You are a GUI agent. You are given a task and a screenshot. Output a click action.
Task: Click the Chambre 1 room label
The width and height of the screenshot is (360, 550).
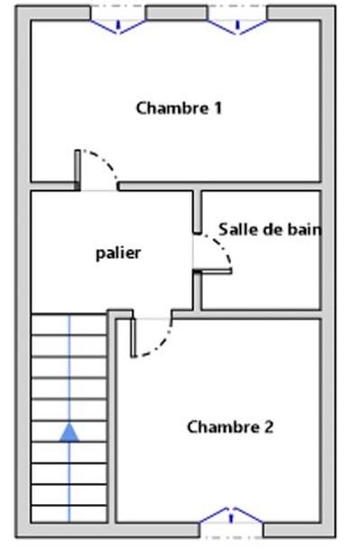point(179,107)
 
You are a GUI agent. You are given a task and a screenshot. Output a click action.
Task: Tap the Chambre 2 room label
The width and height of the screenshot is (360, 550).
point(230,426)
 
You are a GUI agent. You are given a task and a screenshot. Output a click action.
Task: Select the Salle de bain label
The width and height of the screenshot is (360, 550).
point(270,229)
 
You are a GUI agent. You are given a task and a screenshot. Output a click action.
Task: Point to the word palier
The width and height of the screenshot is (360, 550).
point(118,252)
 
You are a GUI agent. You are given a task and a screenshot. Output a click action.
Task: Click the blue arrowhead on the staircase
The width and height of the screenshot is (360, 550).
point(69,432)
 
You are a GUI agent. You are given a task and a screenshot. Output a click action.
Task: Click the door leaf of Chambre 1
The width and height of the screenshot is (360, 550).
point(78,170)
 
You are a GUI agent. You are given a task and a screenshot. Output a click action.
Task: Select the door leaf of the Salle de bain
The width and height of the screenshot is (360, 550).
point(212,270)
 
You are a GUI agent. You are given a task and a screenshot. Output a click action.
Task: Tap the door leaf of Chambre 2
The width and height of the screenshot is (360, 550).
point(134,338)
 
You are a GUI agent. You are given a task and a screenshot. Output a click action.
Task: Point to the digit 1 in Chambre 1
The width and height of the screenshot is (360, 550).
point(218,107)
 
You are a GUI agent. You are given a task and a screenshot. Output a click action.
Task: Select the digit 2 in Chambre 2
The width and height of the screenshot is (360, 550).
point(269,426)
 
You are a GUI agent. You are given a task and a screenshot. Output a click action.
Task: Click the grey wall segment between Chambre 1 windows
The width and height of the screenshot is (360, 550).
point(177,13)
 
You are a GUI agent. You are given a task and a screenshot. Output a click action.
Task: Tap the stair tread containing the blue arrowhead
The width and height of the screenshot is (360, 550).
point(69,432)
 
